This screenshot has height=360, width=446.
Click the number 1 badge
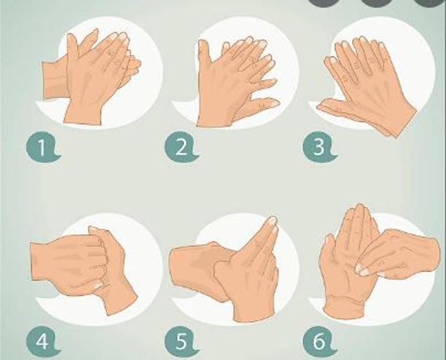(x=43, y=147)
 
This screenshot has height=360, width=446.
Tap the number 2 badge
(x=181, y=147)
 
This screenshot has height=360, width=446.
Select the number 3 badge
(x=319, y=147)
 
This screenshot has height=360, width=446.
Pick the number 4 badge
(x=43, y=341)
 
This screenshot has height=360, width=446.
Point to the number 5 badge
(x=181, y=341)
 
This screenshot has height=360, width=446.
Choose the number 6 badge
(x=319, y=341)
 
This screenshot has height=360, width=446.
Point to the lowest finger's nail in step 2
(x=273, y=102)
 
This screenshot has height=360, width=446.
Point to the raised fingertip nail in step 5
(x=272, y=221)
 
